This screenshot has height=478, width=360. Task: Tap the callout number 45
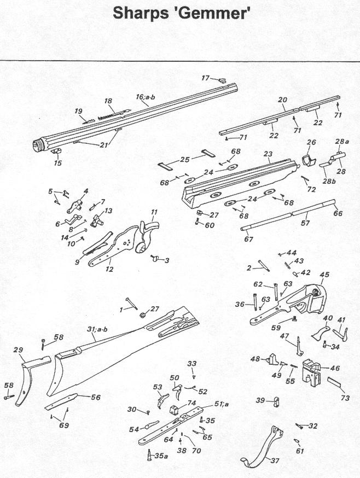coord(324,275)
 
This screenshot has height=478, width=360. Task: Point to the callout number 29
coord(19,350)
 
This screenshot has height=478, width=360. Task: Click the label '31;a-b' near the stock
coord(97,329)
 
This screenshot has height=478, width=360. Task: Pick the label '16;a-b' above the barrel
coord(145,97)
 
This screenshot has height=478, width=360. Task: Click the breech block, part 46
coord(311,372)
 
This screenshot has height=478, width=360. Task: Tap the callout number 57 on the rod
coord(305,223)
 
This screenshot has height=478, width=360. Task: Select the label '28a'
coord(342,142)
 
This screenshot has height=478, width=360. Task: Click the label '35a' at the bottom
coord(161,456)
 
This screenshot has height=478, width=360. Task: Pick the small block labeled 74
coord(173,410)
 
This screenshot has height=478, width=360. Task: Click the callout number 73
coord(345,398)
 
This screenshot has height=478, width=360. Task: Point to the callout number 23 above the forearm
coord(268,154)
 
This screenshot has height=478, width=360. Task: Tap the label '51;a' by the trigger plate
coord(221,404)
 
